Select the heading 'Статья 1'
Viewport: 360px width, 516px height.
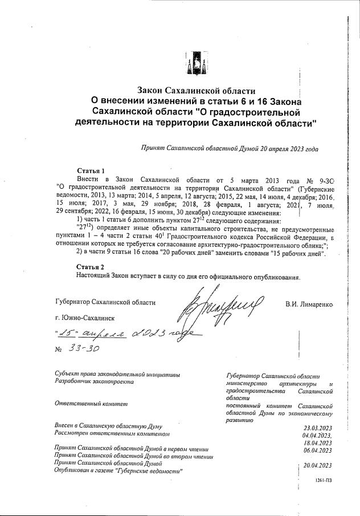(91, 171)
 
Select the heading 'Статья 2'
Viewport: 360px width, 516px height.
(91, 266)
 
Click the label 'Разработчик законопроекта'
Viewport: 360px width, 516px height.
(94, 381)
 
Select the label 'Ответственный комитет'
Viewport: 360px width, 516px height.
(91, 404)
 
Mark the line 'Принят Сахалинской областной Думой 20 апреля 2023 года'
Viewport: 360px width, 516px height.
(229, 148)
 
